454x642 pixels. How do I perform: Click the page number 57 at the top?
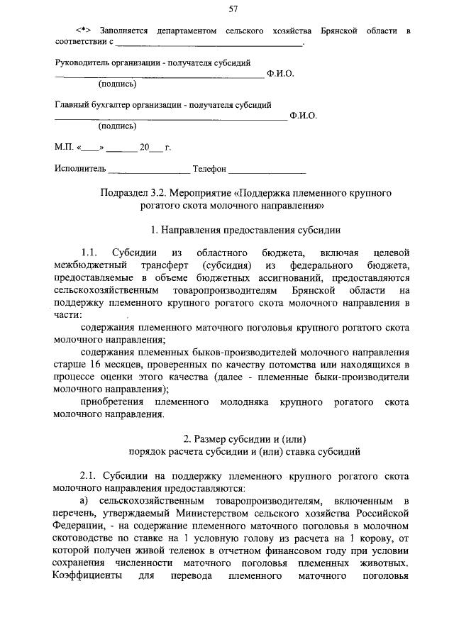233,9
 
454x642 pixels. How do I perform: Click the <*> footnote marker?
85,32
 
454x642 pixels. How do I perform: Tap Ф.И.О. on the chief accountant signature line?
304,116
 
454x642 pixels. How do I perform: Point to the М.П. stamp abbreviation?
64,148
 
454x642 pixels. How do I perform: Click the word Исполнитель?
80,169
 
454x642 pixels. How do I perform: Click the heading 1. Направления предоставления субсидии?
246,230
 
